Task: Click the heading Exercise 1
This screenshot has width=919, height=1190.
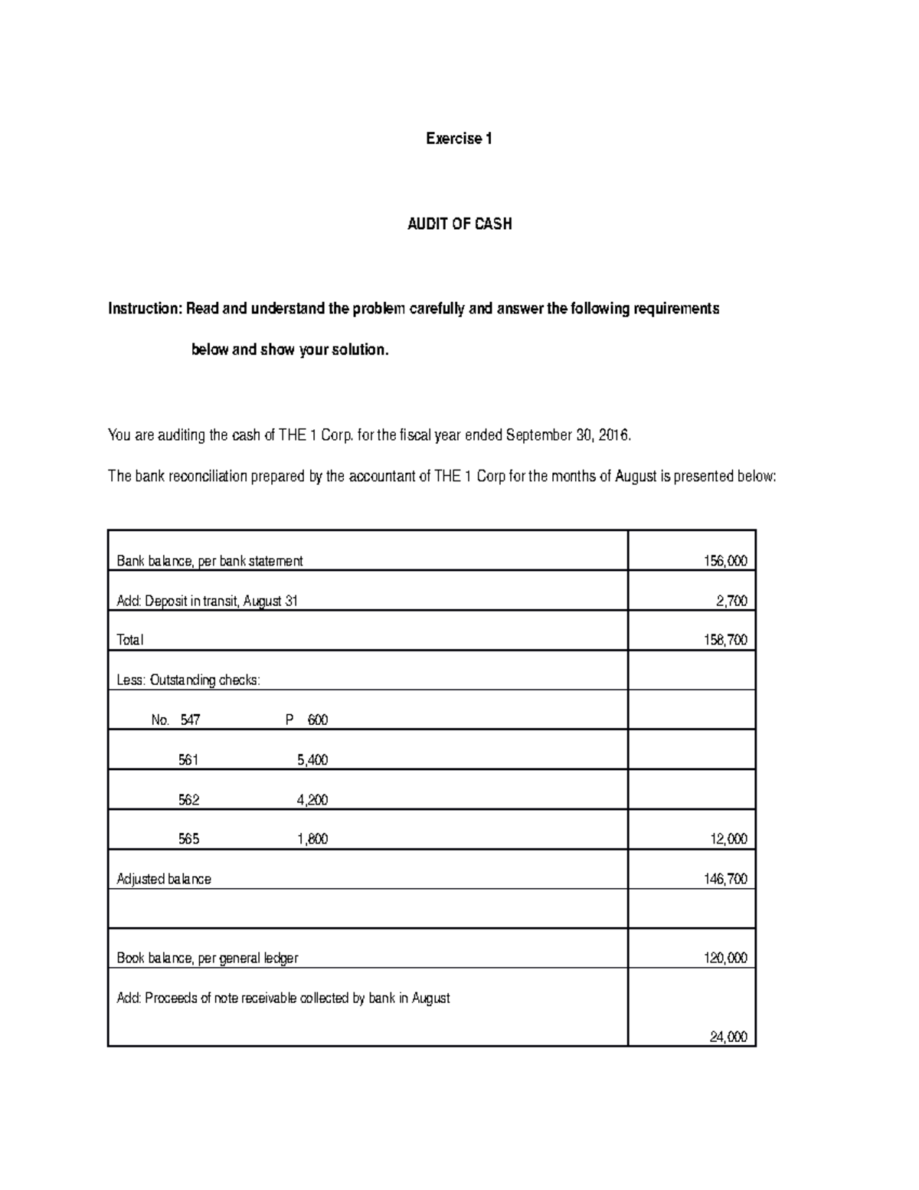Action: [x=459, y=139]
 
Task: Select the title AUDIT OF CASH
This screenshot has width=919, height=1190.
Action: [x=459, y=225]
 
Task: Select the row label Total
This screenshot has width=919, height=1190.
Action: [x=129, y=640]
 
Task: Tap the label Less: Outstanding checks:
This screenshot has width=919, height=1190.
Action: [x=188, y=680]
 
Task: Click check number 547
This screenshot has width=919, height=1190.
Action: [x=190, y=720]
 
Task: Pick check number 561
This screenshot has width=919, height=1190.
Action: [x=188, y=760]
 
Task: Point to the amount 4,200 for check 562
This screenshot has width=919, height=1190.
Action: [x=312, y=800]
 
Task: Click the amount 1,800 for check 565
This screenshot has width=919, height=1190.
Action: [x=312, y=839]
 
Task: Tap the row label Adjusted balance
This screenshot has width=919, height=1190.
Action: [x=163, y=879]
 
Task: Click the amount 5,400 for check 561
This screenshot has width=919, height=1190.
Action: [x=312, y=760]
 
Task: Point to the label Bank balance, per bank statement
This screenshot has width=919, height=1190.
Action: [x=209, y=561]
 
